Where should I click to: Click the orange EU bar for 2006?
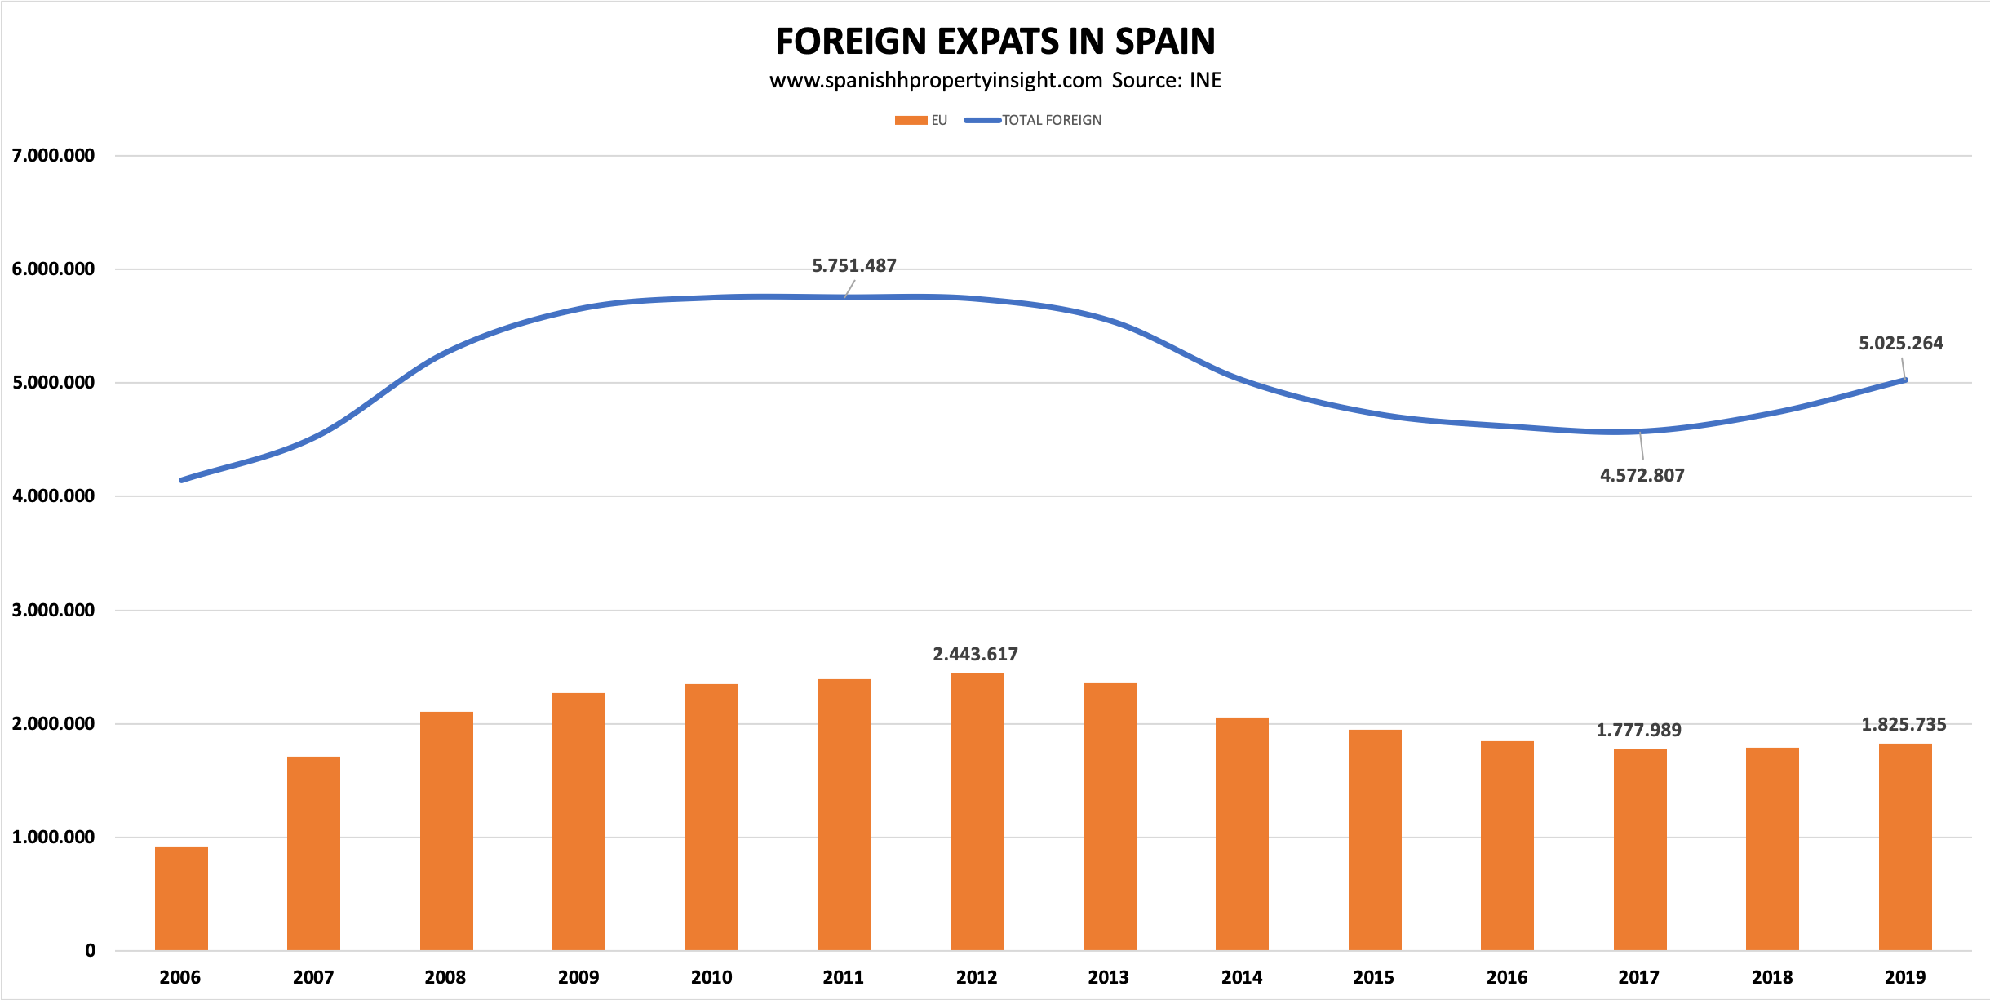click(x=181, y=898)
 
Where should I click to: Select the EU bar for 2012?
click(x=977, y=811)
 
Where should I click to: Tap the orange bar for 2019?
click(x=1905, y=847)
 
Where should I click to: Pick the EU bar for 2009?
click(x=578, y=821)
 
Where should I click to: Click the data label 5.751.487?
click(x=853, y=266)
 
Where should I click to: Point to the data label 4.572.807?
click(x=1642, y=475)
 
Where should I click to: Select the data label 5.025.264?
click(x=1900, y=344)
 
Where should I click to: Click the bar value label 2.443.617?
click(x=975, y=655)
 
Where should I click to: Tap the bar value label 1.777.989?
click(x=1638, y=731)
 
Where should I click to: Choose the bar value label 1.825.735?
click(x=1904, y=725)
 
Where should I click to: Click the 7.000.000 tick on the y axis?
click(x=53, y=156)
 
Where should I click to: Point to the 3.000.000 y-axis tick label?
click(x=53, y=611)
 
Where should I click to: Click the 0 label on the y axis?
click(x=90, y=951)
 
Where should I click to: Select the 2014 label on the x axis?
click(x=1241, y=977)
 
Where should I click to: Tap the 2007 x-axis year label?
click(x=313, y=977)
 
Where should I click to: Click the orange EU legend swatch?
click(x=911, y=121)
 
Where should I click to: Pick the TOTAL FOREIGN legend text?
click(x=1051, y=121)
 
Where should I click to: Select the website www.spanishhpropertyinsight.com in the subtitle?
click(x=935, y=81)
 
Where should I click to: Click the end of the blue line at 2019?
click(x=1905, y=380)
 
